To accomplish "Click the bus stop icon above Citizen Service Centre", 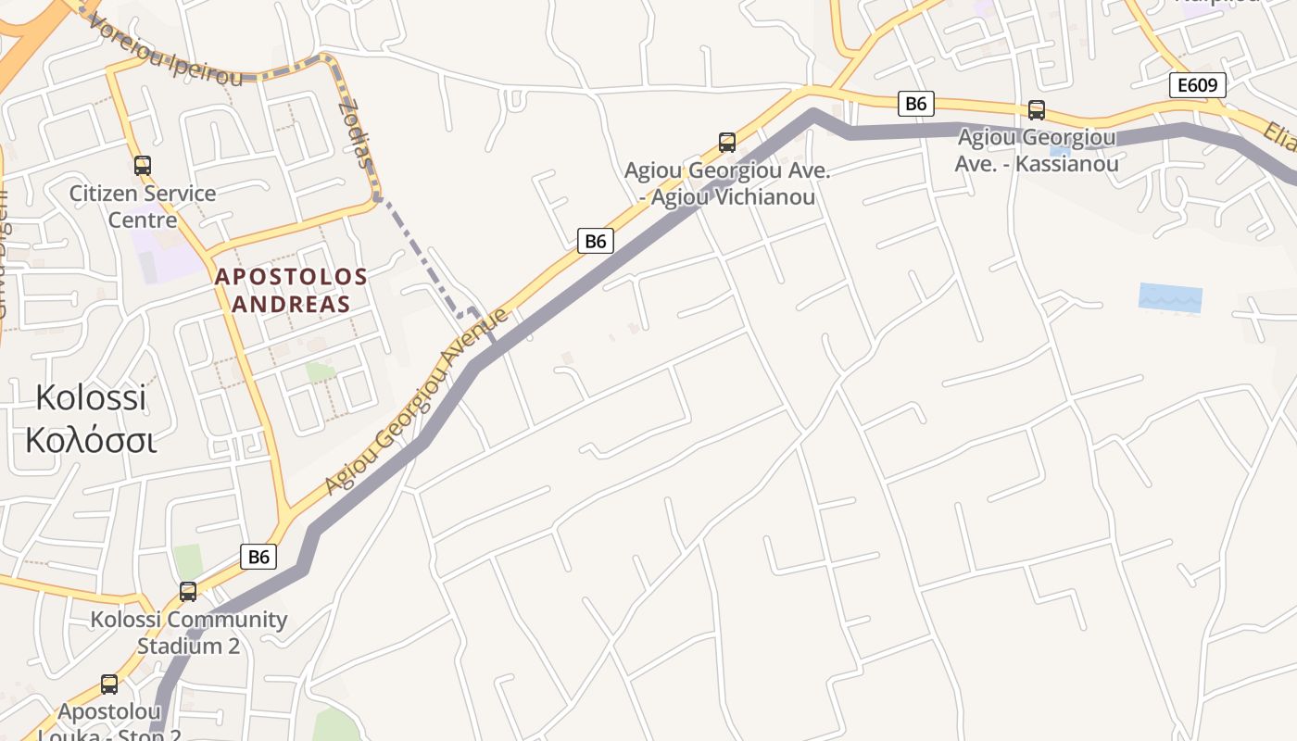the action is pos(142,166).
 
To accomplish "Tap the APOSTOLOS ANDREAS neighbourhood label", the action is pos(291,290).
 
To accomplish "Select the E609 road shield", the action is pos(1197,86).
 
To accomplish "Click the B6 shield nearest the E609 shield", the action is pos(915,104).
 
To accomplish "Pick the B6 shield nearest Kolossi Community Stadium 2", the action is pos(258,557).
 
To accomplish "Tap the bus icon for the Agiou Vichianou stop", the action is pos(727,142).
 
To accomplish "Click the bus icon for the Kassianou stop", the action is pos(1037,110).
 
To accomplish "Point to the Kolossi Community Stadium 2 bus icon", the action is pos(188,591).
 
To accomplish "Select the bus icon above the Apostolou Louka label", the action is pos(109,684).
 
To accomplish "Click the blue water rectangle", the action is pos(1170,298).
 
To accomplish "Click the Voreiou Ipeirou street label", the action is pos(167,48).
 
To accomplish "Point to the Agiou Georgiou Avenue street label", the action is pos(416,402).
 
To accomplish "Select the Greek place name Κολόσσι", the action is pos(91,440).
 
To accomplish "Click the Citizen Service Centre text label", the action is pos(143,207).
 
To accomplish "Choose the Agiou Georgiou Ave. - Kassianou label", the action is pos(1037,150).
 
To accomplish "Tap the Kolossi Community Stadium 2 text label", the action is pos(189,632).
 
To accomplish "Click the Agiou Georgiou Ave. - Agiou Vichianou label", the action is pos(727,183).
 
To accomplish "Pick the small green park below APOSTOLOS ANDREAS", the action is pos(321,371).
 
